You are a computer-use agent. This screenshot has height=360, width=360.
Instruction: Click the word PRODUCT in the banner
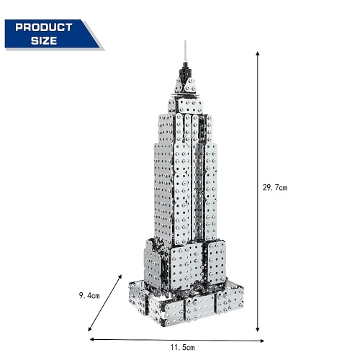pos(44,27)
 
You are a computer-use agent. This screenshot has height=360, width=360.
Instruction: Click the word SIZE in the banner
pos(44,40)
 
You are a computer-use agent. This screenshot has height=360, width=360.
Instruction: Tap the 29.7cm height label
pos(275,187)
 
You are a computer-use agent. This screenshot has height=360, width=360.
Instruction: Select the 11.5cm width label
pos(183,347)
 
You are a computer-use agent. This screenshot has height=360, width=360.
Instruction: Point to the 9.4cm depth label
pos(89,295)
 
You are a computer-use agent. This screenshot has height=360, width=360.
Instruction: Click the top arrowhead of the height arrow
pos(258,53)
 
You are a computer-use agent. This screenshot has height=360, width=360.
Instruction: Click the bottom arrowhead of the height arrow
pos(258,329)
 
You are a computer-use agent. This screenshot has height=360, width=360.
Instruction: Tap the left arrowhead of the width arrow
pos(92,339)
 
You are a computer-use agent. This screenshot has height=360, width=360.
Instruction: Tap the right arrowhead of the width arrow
pos(262,341)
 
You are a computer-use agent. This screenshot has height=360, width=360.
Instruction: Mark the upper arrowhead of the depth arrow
pos(120,277)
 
